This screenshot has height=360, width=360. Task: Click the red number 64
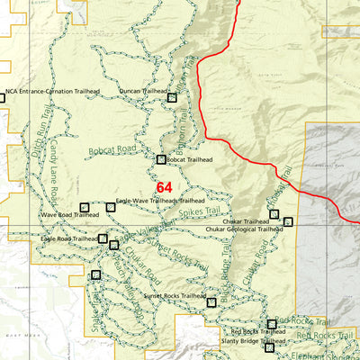point(164,187)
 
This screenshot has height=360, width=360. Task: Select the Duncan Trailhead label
point(143,92)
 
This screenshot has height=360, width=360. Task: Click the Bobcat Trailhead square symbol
point(161,159)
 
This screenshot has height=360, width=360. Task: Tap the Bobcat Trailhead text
point(189,159)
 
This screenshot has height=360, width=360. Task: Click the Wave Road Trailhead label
point(69,215)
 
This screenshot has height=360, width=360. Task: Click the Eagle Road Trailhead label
point(68,238)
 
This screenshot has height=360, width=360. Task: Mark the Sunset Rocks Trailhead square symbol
point(211,301)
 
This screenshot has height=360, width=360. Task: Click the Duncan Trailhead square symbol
point(173,97)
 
